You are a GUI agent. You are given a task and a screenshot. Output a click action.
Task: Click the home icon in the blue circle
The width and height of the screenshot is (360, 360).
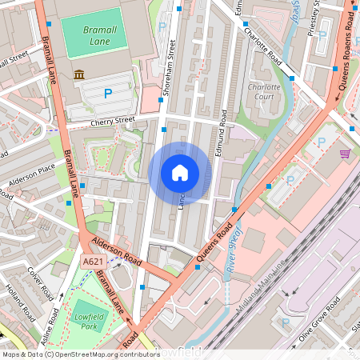[x=180, y=172]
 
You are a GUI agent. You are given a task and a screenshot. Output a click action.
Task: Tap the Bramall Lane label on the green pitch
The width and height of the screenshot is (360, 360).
[x=100, y=35]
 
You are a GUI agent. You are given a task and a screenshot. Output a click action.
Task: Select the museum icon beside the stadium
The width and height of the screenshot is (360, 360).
[x=79, y=74]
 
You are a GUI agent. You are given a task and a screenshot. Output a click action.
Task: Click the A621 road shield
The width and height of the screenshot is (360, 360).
[x=93, y=261]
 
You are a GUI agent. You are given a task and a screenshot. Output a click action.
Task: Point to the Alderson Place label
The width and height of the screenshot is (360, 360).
[x=32, y=177]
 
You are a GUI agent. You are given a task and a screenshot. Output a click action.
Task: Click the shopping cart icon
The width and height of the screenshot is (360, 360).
[x=346, y=153]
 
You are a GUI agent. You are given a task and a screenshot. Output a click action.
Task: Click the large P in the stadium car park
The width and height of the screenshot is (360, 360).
[x=108, y=94]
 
